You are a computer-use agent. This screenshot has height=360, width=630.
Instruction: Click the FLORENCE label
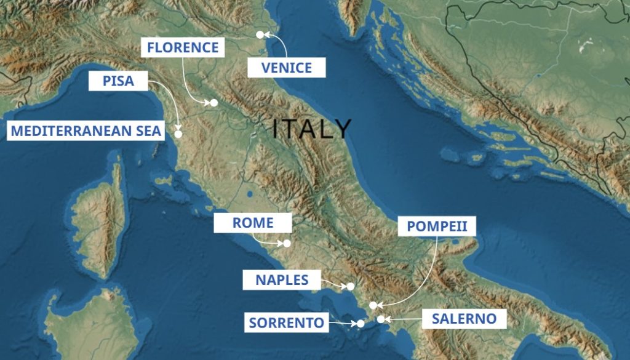[x=182, y=48]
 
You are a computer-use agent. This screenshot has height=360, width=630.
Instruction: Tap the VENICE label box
[x=286, y=67]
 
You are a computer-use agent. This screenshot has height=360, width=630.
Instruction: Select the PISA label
[x=119, y=81]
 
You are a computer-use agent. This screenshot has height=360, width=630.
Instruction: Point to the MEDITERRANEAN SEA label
[x=86, y=130]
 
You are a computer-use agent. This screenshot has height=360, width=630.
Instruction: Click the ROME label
[x=253, y=223]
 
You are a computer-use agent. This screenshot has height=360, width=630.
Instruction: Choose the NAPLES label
[x=282, y=280]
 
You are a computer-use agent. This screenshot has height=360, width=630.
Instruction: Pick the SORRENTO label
[x=286, y=322]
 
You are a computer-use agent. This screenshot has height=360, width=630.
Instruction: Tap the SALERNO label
[x=464, y=319]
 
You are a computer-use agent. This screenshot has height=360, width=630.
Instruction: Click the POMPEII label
[x=437, y=226]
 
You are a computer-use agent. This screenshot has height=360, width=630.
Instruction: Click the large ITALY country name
[x=312, y=129]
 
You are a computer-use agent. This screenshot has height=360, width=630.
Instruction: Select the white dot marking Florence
[x=214, y=103]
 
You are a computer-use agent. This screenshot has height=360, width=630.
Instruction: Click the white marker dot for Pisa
[x=178, y=134]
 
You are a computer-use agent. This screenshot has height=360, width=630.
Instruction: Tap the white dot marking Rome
[x=287, y=243]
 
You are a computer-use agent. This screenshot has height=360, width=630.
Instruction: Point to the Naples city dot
[x=351, y=286]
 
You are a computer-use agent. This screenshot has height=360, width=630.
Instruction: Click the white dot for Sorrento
[x=361, y=324]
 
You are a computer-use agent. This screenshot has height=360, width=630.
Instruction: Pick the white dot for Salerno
[x=381, y=319]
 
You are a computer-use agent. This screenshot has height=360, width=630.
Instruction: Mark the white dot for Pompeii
[x=373, y=305]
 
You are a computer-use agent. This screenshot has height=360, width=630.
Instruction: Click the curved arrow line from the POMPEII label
[x=428, y=277]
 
